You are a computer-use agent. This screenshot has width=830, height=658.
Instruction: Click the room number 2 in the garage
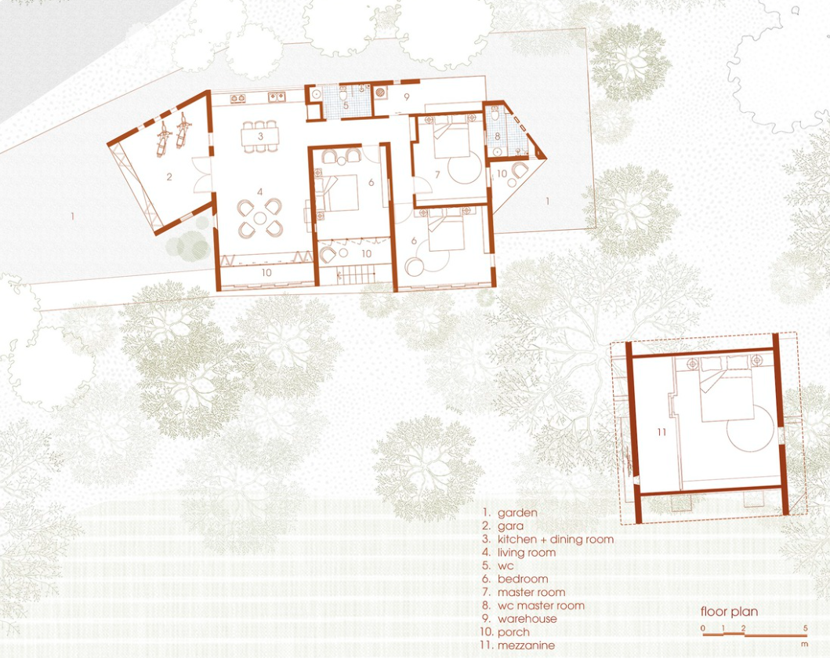tap(169, 176)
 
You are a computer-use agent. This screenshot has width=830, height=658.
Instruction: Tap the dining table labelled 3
tap(260, 136)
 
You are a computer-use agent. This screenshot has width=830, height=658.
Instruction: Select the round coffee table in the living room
tap(260, 218)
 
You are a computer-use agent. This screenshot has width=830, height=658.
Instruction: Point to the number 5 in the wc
tap(346, 105)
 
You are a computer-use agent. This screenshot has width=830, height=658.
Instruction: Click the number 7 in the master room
tap(437, 174)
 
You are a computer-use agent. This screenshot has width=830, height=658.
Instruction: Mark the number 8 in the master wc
tap(498, 136)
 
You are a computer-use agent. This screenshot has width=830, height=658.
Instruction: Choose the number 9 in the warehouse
tap(407, 97)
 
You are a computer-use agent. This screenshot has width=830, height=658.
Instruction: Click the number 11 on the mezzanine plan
tap(661, 432)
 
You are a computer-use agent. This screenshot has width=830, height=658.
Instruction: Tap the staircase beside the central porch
tap(357, 275)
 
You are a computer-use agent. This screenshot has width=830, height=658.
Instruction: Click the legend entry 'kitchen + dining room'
tap(555, 540)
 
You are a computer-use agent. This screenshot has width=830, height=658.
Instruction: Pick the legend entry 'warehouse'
tap(527, 619)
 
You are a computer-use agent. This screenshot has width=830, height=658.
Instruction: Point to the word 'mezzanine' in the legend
tap(526, 645)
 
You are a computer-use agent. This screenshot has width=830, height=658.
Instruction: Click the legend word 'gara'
tap(511, 526)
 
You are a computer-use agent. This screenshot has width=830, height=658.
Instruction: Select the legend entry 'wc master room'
tap(541, 605)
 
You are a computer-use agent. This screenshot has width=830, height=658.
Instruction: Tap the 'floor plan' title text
tap(730, 612)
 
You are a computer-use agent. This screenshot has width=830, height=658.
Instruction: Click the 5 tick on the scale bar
tap(806, 628)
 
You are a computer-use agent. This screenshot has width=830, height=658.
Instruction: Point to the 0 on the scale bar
tap(703, 628)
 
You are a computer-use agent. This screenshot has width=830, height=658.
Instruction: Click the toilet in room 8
tap(495, 113)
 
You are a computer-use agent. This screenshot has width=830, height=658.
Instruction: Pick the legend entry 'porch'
tap(513, 632)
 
